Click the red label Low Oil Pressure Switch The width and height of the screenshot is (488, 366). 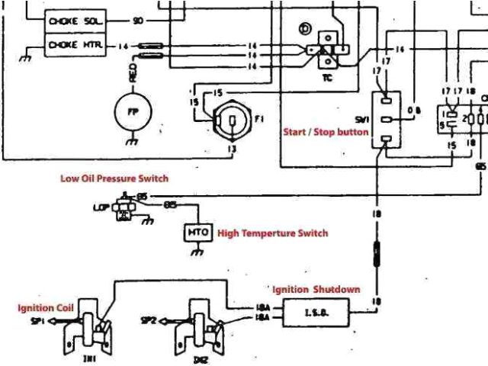(114, 179)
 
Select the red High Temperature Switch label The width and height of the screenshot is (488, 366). (272, 233)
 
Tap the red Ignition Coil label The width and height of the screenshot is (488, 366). (46, 307)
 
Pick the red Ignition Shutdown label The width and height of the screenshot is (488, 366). (315, 290)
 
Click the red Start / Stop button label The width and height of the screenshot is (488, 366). (326, 132)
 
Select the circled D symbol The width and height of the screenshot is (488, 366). (306, 30)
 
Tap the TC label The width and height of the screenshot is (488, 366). (326, 76)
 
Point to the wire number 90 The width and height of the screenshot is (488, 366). (138, 21)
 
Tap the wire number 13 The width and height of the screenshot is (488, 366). (231, 149)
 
